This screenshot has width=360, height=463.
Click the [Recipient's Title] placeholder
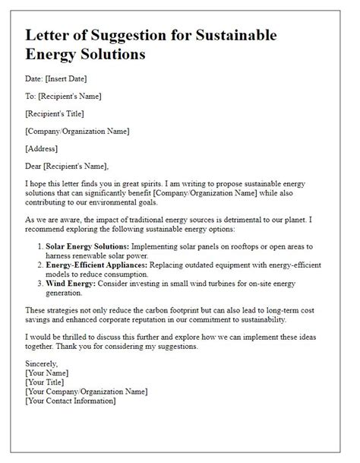click(57, 113)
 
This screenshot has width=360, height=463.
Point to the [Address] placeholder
click(43, 147)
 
